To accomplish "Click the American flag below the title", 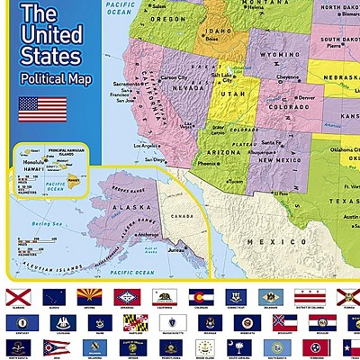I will click(x=42, y=109).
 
